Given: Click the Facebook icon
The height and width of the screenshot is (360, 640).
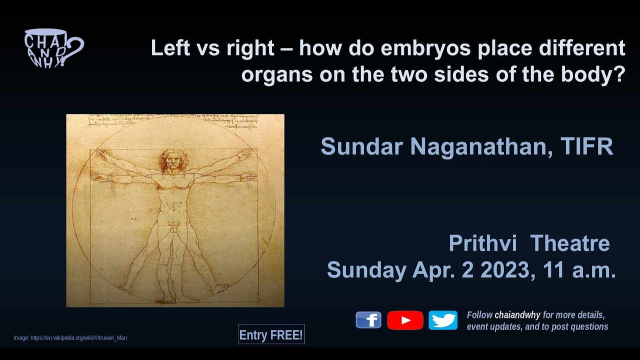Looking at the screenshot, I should pos(368,320).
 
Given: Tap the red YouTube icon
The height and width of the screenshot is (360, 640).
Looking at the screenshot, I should pos(405,320).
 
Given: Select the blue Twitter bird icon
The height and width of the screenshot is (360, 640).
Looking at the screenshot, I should pos(443,320).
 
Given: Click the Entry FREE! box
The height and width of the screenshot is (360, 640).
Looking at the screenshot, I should pos(271,335).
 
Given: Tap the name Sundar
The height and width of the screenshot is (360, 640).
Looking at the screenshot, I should pos(361,146).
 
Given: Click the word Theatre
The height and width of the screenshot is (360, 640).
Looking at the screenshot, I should pos(569,243).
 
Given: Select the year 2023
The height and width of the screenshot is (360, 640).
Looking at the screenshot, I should pos(504,270).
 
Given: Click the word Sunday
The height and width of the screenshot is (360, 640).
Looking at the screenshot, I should pos(366,270).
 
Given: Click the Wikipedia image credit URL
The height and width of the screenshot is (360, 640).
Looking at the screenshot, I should pos(78,338).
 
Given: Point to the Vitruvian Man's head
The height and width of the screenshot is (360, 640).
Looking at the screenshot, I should pos(173,160).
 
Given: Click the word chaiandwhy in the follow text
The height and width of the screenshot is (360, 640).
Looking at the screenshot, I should pos(517,315).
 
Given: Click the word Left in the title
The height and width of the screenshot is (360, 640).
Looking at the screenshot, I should pos(168,48).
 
